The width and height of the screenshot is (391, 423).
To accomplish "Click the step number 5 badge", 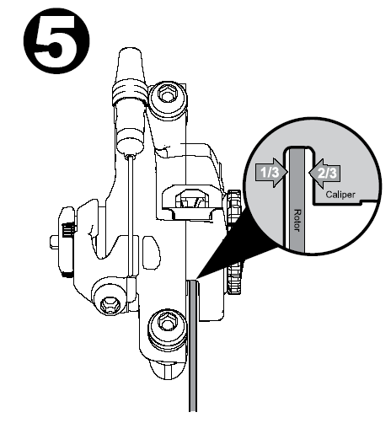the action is [56, 41].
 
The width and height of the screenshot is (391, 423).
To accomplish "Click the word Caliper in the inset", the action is [340, 195].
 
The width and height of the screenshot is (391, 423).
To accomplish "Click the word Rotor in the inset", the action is [297, 220].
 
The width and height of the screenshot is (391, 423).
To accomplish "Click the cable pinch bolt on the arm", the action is [110, 297].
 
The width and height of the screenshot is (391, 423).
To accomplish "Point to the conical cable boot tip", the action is [130, 64].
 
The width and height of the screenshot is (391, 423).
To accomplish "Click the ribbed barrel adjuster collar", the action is [130, 92].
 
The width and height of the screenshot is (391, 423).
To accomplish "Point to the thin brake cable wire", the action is [131, 217].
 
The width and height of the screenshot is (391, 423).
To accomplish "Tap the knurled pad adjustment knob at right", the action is [233, 242].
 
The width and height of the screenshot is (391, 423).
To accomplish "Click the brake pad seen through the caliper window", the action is [192, 201].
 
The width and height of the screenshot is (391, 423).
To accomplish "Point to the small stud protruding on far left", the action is [54, 242].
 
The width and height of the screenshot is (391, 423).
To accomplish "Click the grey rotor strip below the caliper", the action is [193, 345].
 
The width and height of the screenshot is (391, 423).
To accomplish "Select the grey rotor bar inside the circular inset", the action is [297, 201].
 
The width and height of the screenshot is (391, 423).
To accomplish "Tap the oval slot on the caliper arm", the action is [152, 252].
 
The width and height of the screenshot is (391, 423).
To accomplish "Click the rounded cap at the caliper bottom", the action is [168, 369].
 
